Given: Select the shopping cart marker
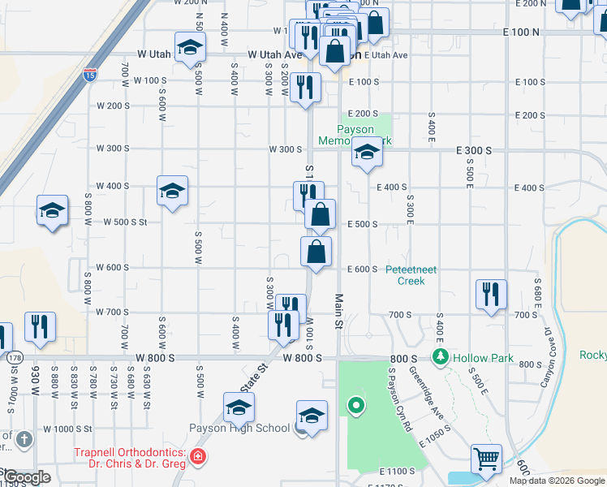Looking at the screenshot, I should click(x=486, y=459).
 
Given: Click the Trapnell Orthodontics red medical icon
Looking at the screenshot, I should click(x=197, y=459).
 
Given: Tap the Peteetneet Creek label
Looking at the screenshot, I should click(x=411, y=275).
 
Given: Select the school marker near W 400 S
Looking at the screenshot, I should click(x=172, y=191).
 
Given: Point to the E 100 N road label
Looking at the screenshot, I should click(x=521, y=32).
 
